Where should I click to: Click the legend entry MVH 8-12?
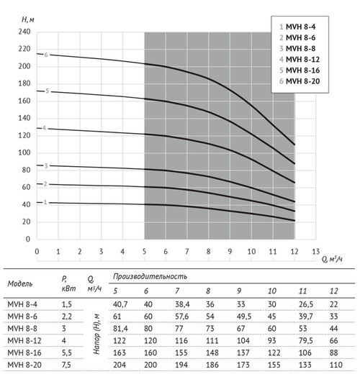coord(300,60)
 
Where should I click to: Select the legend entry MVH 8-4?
coord(297,27)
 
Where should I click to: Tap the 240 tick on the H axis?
coord(24,32)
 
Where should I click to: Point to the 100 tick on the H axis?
coord(24,152)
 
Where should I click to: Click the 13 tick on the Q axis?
coord(316,252)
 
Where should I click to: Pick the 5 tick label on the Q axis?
coord(144,252)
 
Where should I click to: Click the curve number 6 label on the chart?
coord(46,55)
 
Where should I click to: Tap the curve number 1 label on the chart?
coord(45,202)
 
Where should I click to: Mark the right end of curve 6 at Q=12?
coord(294,145)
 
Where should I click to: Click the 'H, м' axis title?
coord(27,19)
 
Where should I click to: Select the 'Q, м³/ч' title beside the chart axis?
coord(332,259)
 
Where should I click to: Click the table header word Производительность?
coord(150,277)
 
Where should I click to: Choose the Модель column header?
coord(20,283)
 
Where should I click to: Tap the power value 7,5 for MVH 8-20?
coord(66,365)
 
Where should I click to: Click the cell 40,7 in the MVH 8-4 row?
coord(120,304)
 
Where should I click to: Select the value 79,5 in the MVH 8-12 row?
coord(306,340)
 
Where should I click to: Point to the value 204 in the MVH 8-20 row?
coord(120,365)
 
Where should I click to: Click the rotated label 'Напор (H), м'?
coord(96,334)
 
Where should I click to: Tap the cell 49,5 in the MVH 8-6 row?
coord(244,317)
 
